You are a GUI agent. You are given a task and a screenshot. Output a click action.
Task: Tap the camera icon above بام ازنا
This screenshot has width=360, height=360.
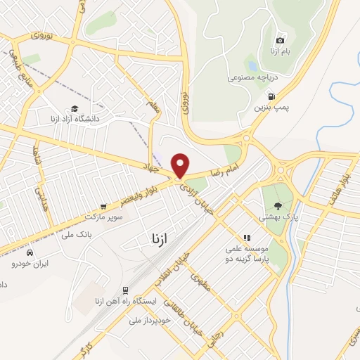281,40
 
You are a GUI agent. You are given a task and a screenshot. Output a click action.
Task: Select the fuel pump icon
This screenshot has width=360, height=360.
272,98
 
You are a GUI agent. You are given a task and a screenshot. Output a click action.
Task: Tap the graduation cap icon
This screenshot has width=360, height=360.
74,108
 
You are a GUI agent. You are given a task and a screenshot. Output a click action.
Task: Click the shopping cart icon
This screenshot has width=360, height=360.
103,207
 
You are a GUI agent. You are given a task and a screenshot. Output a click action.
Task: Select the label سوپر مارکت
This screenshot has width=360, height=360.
104,217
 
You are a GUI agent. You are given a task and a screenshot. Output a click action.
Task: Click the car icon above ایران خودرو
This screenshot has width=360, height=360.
29,252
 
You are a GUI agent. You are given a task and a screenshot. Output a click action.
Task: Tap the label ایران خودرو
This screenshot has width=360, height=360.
29,264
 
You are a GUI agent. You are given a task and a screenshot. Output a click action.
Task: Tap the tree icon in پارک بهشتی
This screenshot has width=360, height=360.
278,206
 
